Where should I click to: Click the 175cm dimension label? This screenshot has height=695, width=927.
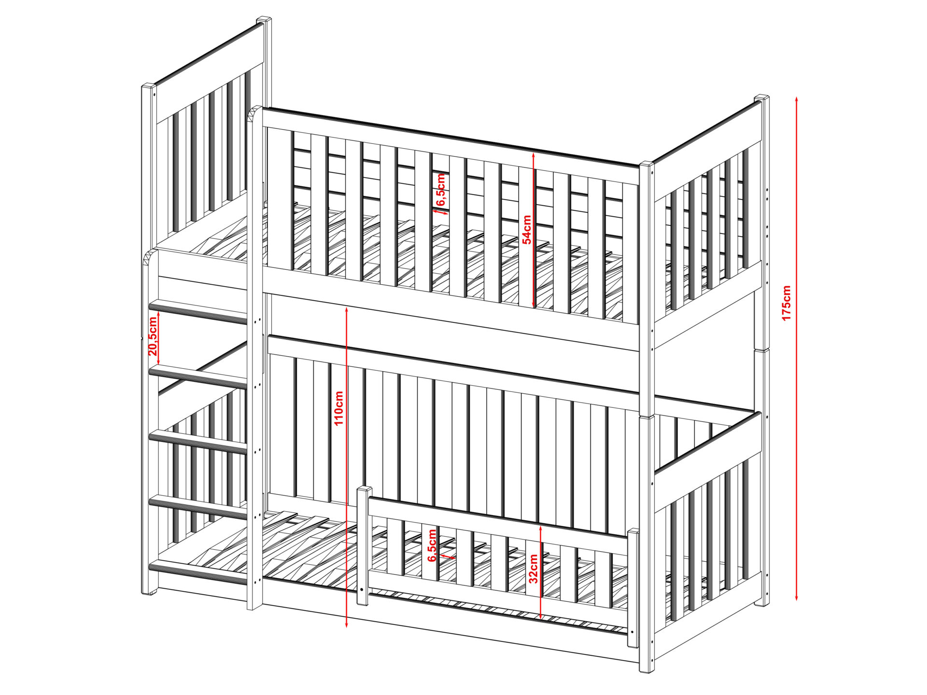click(x=787, y=303)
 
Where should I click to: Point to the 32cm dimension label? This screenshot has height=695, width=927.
click(x=533, y=569)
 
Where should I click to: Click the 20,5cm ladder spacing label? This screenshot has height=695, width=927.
click(x=153, y=336)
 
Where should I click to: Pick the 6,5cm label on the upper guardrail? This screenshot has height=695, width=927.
click(x=441, y=190)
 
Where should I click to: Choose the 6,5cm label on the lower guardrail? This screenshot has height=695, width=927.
click(x=432, y=545)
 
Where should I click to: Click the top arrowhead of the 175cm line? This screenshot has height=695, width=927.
click(x=797, y=99)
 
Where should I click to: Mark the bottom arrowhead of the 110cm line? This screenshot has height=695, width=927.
click(x=347, y=625)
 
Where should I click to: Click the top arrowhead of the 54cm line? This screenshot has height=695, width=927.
click(x=533, y=155)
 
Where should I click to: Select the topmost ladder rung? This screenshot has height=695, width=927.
click(x=198, y=311)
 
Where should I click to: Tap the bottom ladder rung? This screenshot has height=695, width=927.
click(x=198, y=572)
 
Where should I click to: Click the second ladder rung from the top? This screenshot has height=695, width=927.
click(x=198, y=377)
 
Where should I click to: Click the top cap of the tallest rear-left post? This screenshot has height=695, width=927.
click(x=264, y=20)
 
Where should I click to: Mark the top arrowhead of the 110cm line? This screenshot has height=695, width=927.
click(x=347, y=309)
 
